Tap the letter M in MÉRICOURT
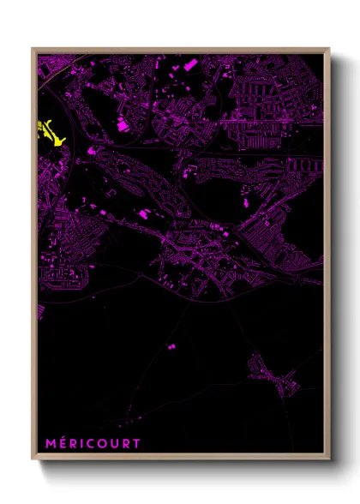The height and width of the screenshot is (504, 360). tap(50, 444)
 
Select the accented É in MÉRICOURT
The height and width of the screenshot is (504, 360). tap(61, 444)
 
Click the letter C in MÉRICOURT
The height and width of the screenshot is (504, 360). tap(86, 444)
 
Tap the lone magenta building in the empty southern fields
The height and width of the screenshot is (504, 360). tap(170, 345)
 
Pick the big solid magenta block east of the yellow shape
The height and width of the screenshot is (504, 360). tap(123, 126)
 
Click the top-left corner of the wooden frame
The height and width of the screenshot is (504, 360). tap(32, 49)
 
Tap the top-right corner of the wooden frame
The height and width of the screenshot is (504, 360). tap(329, 49)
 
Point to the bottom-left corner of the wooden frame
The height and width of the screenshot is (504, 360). tap(32, 459)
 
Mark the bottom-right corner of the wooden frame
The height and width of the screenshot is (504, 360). tap(329, 459)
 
